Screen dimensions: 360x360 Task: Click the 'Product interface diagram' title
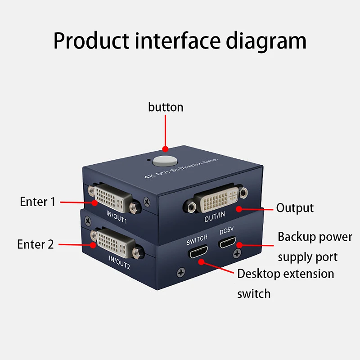[180, 41]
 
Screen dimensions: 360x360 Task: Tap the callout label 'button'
[166, 107]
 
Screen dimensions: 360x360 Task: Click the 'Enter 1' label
[37, 202]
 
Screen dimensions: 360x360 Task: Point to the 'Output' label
[295, 208]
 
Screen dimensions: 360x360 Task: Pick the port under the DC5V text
[229, 244]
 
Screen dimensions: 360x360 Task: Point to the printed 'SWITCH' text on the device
[197, 237]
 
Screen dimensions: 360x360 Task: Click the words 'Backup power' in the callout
[315, 237]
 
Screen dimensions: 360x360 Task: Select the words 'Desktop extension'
[286, 274]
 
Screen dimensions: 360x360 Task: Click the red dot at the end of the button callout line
[165, 148]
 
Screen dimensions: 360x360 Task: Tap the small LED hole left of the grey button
[148, 159]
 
